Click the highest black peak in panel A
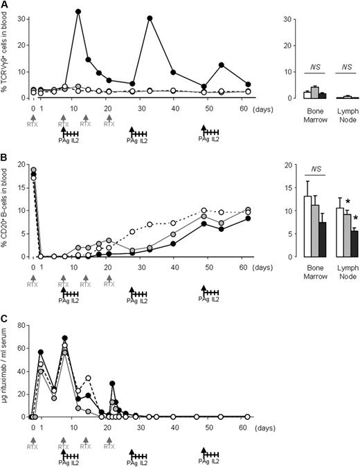click(x=78, y=12)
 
